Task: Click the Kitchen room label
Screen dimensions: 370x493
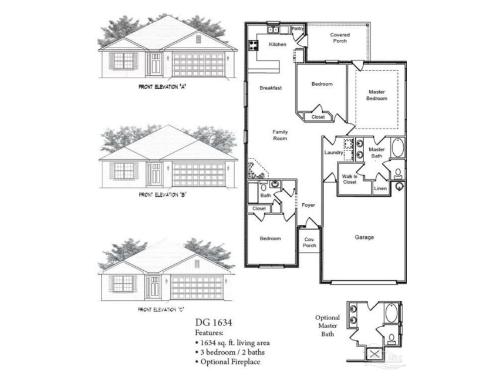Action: (x=278, y=45)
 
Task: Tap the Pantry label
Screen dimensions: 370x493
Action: (x=297, y=28)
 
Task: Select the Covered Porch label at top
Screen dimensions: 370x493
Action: (x=340, y=38)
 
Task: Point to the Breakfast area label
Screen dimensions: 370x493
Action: (x=271, y=88)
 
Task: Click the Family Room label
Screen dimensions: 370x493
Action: (x=280, y=135)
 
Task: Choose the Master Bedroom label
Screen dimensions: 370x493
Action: (x=377, y=95)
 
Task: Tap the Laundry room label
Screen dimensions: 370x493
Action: (x=333, y=153)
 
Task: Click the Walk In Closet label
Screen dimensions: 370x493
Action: (x=350, y=179)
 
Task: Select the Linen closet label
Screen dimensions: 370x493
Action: (x=380, y=189)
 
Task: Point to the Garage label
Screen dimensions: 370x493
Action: (x=364, y=238)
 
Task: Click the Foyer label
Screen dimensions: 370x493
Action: (x=309, y=205)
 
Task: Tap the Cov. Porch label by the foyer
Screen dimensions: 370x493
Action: (x=309, y=243)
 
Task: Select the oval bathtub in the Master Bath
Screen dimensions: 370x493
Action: (x=397, y=149)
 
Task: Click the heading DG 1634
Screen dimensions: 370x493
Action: (x=214, y=322)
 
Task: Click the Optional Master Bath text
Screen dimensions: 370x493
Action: (x=327, y=325)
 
